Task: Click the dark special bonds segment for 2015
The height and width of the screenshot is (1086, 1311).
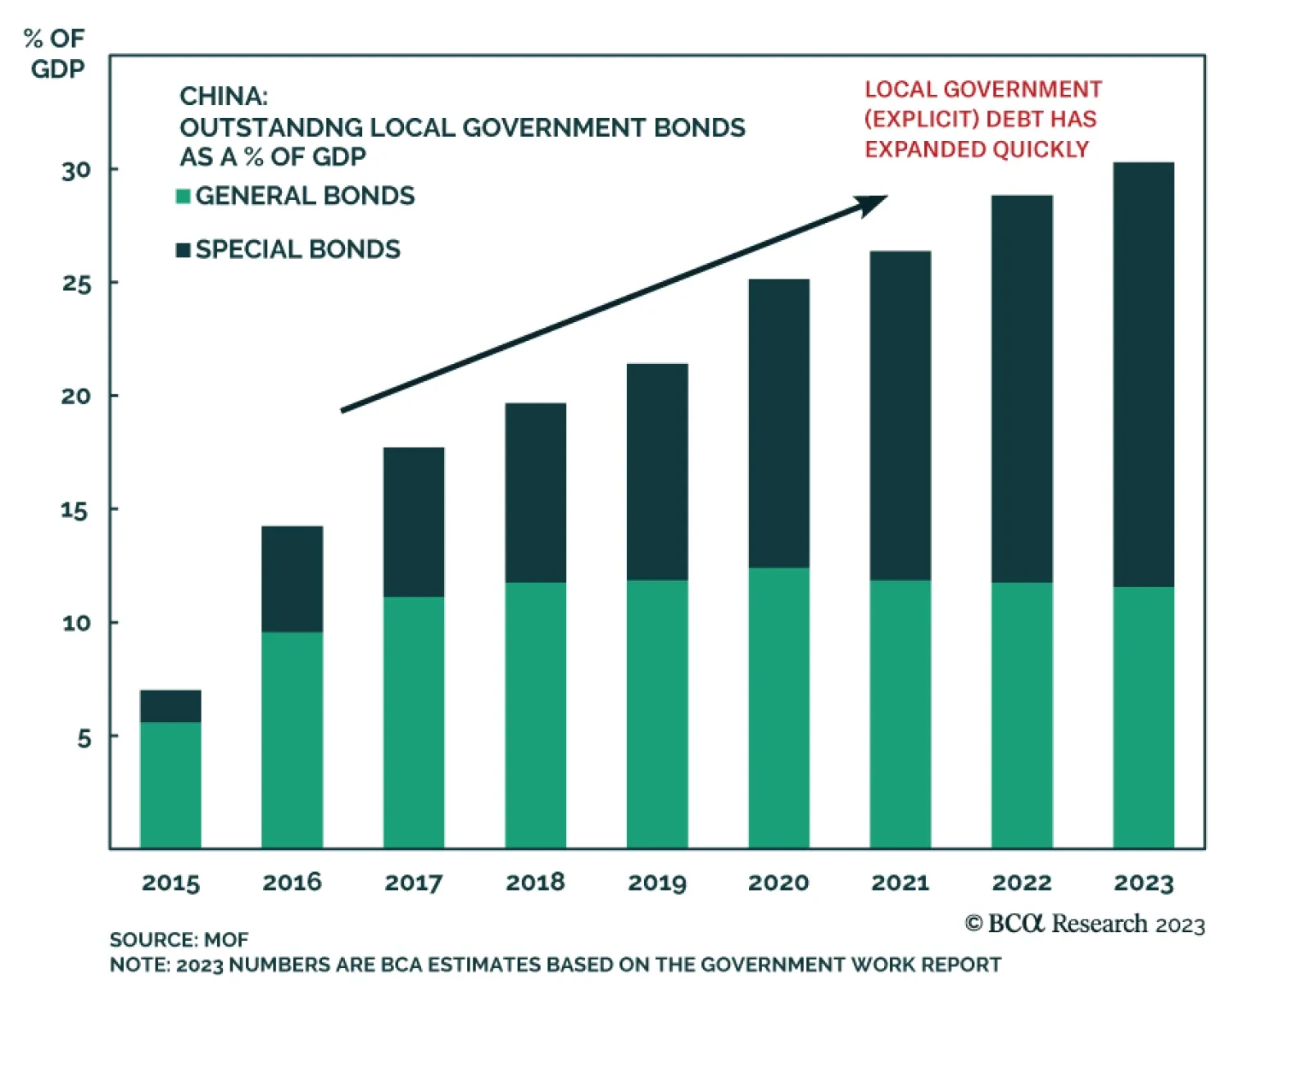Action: (x=170, y=706)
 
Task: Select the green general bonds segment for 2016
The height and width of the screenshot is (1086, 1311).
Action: (x=292, y=739)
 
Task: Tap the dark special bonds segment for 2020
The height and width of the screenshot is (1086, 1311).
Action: (x=778, y=423)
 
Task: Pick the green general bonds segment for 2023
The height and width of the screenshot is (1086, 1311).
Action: (x=1143, y=717)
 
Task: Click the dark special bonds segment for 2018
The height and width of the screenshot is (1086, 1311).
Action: (x=535, y=493)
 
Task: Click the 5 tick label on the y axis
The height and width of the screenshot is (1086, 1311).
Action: (x=84, y=738)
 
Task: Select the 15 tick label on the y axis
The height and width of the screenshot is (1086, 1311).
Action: (x=75, y=511)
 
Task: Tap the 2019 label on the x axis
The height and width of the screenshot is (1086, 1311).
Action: (x=656, y=883)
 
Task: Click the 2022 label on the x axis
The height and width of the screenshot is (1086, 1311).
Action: (x=1021, y=883)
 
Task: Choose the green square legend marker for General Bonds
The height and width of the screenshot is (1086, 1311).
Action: (x=184, y=196)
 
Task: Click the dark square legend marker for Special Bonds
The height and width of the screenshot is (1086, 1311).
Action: (x=184, y=249)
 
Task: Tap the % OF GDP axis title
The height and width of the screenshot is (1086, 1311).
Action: (x=56, y=53)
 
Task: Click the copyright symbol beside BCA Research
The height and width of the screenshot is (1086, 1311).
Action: (x=973, y=924)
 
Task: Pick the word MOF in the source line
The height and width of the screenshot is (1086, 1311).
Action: (x=226, y=939)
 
